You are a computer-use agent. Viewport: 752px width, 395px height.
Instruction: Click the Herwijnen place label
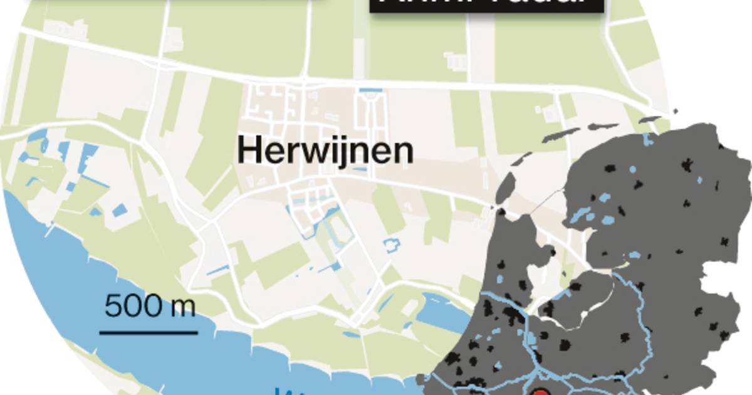click(x=325, y=151)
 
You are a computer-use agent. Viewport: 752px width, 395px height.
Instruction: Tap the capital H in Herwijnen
click(x=248, y=151)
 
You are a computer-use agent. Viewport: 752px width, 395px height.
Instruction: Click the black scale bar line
click(x=149, y=332)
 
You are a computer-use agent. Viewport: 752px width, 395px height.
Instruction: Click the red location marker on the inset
click(x=541, y=392)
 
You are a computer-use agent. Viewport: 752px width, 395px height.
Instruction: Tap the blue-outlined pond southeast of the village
click(x=391, y=245)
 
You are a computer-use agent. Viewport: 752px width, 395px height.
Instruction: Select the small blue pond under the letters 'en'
click(x=359, y=169)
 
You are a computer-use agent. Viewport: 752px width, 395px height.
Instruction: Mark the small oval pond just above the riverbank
click(x=352, y=334)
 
